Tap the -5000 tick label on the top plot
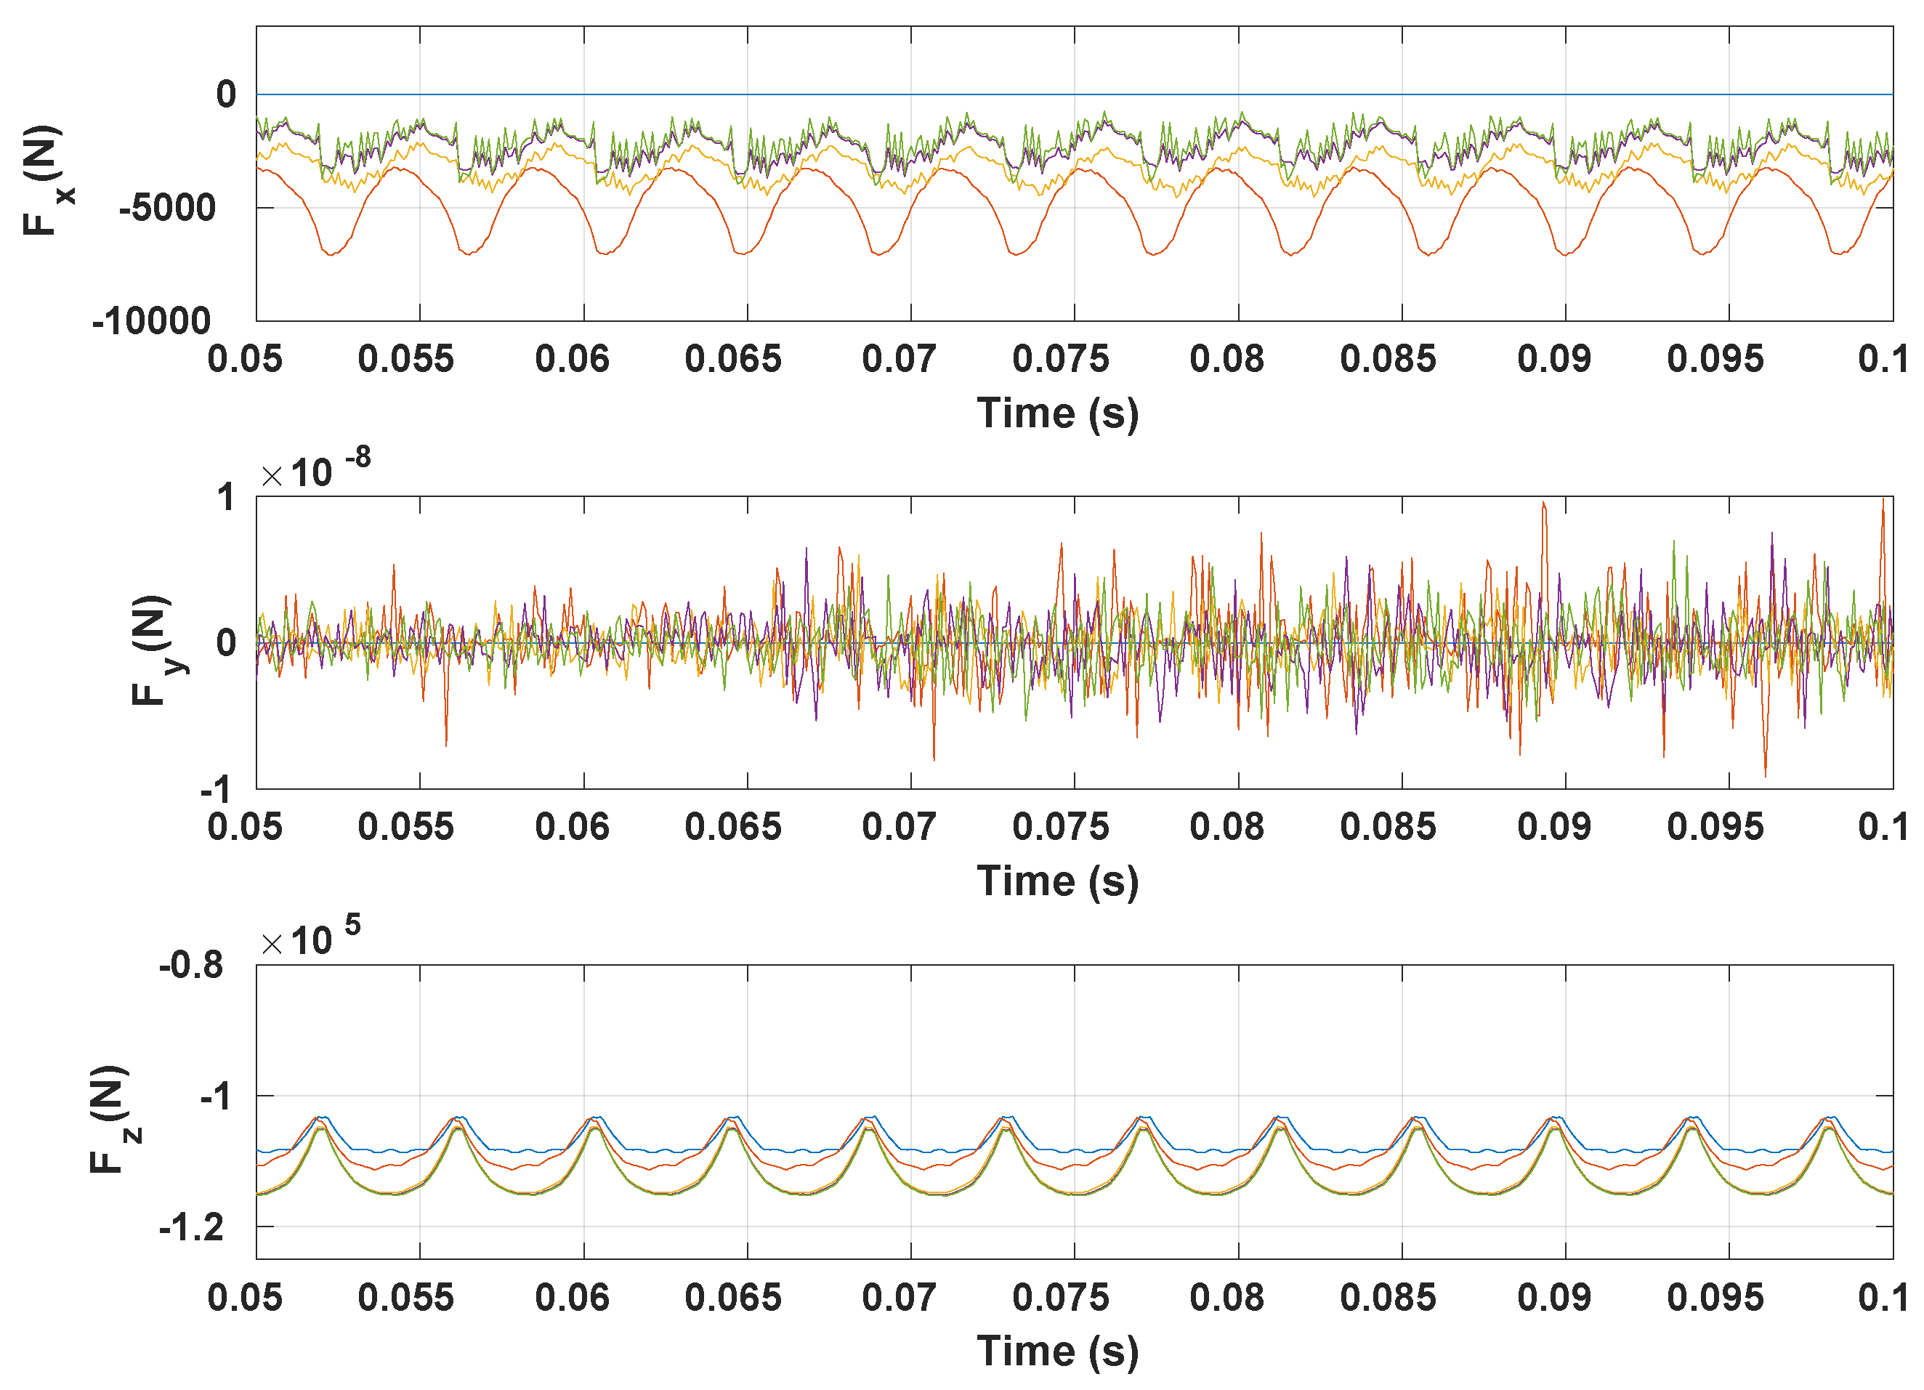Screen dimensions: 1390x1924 (167, 208)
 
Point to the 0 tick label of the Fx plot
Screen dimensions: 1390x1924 (226, 94)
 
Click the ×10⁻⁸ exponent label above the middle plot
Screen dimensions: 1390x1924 (316, 471)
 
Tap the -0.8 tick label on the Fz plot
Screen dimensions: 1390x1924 (191, 966)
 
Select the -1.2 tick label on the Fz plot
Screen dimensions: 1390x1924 (191, 1227)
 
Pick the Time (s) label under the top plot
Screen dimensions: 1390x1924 (1057, 414)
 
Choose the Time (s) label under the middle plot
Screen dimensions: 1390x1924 (1057, 881)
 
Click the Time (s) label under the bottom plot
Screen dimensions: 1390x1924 (1057, 1351)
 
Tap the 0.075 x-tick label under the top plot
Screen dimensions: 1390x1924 (1060, 359)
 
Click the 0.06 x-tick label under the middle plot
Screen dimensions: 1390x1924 (572, 827)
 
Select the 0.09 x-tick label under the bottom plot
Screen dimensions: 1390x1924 (1554, 1298)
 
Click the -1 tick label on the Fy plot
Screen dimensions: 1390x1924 (217, 790)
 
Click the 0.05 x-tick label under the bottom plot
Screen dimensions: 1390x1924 (244, 1298)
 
